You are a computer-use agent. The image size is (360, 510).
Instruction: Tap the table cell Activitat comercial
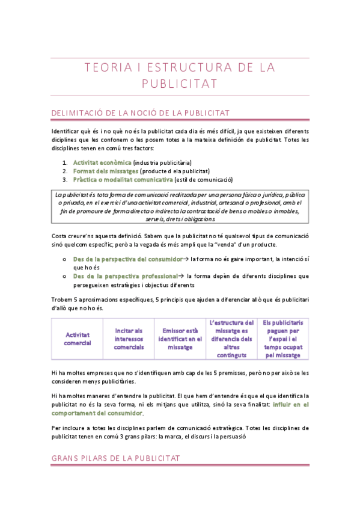point(78,339)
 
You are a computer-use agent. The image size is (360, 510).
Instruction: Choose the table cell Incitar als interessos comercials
point(129,339)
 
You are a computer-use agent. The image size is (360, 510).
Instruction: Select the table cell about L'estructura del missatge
point(231,339)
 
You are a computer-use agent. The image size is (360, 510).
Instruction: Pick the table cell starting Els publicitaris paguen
point(282,339)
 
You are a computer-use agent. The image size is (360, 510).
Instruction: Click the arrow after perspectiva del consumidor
point(186,259)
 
